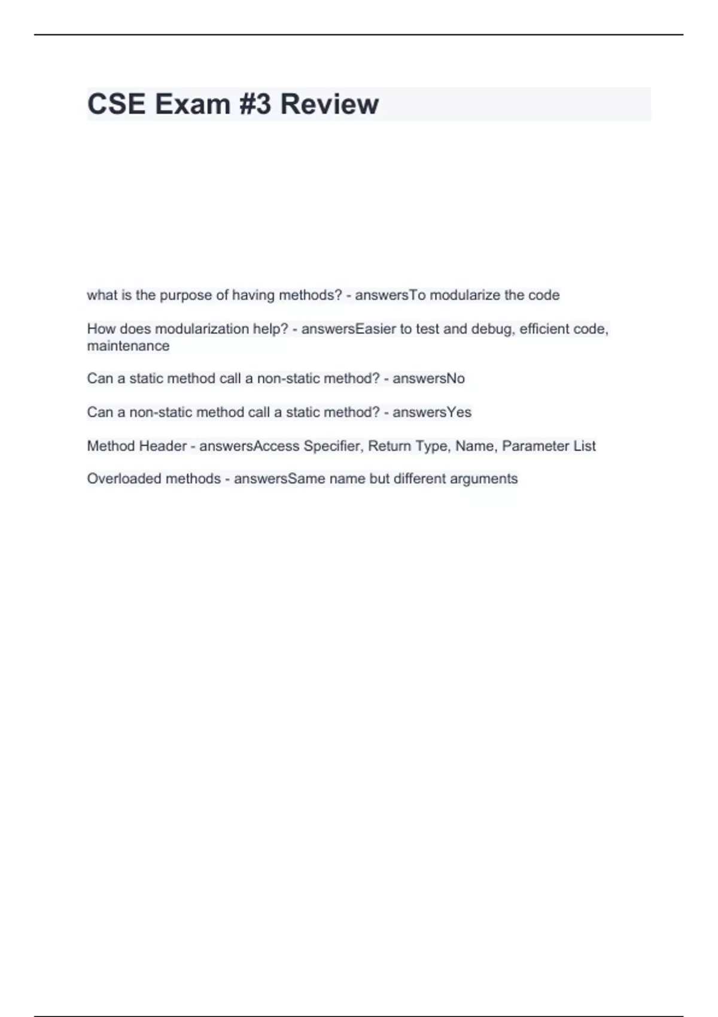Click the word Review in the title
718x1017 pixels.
pos(329,104)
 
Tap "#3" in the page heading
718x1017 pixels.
pos(255,104)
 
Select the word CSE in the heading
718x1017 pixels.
pos(117,104)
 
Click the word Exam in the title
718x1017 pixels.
pos(193,104)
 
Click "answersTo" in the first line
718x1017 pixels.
pos(390,296)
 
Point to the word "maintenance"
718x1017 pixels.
pos(128,346)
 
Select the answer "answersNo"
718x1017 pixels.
pos(428,379)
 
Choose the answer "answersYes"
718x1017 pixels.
pos(432,413)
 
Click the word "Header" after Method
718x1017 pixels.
pos(163,446)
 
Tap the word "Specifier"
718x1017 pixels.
pos(333,446)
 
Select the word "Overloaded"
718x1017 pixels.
pos(124,479)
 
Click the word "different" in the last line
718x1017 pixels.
pos(419,479)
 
